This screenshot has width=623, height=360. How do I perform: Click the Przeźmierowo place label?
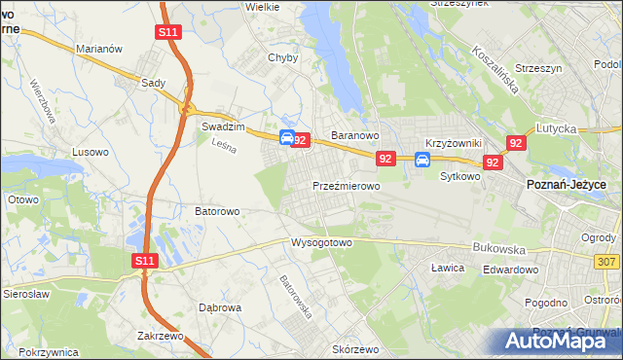click(x=346, y=185)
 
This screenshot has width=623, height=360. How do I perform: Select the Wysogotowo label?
click(x=320, y=243)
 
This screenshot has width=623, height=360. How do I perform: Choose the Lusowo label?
click(x=91, y=152)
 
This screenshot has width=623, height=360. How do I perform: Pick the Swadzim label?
click(x=221, y=126)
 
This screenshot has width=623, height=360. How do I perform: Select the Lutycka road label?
click(x=556, y=128)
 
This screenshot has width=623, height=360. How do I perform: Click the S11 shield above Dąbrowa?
click(x=144, y=260)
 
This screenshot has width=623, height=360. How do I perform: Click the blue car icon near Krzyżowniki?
click(x=422, y=160)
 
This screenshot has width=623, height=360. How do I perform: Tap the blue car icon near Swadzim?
click(x=287, y=139)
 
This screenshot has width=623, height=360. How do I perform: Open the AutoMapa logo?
click(x=563, y=341)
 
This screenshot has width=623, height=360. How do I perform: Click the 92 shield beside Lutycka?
click(x=517, y=143)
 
